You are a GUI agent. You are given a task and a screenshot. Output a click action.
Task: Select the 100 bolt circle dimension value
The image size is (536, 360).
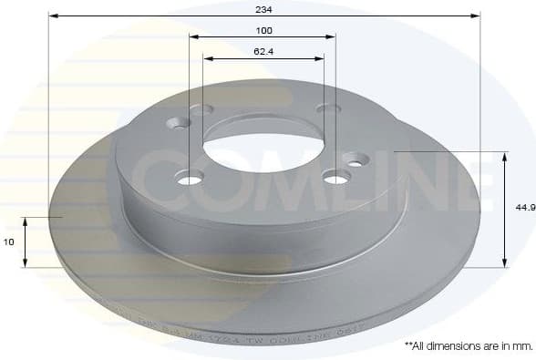263,30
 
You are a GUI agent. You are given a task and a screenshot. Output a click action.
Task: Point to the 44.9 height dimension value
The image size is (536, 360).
524,208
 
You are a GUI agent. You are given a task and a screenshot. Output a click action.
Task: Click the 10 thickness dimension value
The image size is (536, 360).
9,242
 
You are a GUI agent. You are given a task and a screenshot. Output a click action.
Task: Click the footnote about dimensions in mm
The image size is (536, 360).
468,346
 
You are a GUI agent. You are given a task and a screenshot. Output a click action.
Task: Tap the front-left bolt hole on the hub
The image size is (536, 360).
190,179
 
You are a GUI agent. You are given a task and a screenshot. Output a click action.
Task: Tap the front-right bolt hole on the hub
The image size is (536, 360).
336,178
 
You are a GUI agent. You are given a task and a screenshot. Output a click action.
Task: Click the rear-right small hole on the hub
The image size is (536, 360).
327,108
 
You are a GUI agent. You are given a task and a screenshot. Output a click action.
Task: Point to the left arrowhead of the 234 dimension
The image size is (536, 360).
52,15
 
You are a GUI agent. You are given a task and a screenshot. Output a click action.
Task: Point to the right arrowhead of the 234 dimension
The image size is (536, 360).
476,15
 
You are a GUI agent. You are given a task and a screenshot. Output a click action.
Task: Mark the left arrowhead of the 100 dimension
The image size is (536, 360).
193,37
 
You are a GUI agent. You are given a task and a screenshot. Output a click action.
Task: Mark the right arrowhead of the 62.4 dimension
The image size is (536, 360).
320,58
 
